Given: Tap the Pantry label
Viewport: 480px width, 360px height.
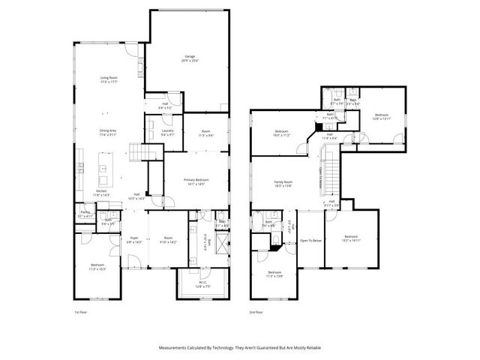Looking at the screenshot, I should pos(85,214).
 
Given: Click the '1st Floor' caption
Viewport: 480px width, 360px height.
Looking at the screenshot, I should pos(80,311).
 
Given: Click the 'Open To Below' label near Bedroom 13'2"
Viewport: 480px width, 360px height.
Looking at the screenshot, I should pos(310,241).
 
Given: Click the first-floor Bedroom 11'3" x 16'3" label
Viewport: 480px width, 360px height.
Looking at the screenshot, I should pos(97,266).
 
